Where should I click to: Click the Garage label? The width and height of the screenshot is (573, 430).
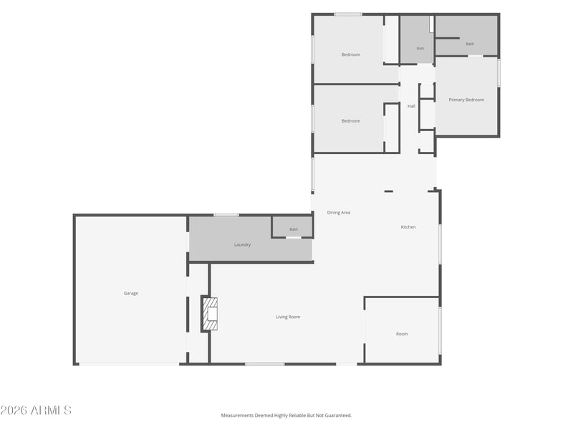coord(131,293)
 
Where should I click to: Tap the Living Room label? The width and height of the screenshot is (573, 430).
coord(288,317)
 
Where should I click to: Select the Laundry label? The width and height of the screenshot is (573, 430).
coord(242,244)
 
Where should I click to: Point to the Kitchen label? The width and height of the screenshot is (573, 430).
coord(408,227)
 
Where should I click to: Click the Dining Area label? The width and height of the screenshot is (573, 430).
coord(339,212)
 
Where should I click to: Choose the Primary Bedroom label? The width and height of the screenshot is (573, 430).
coord(466,100)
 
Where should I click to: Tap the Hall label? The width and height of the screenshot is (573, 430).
coord(411,106)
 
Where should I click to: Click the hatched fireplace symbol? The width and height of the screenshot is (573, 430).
coord(210,314)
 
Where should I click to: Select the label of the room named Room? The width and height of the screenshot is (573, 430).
coord(402,334)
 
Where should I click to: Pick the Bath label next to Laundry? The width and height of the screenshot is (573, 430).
coord(294,229)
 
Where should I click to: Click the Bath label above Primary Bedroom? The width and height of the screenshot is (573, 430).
coord(470,44)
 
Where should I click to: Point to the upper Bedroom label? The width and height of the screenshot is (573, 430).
coord(351,54)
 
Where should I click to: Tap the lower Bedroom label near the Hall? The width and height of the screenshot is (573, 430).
coord(351,121)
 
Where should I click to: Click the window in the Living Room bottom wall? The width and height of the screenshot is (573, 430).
coord(264,364)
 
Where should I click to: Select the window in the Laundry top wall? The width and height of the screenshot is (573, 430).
coord(226,215)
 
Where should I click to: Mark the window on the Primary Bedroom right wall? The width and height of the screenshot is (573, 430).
coord(499,73)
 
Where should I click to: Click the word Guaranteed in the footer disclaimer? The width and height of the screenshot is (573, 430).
coord(339,416)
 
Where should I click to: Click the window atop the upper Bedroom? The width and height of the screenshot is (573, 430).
coord(348,14)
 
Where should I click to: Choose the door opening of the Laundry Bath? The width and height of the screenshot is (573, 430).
coord(294,238)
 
